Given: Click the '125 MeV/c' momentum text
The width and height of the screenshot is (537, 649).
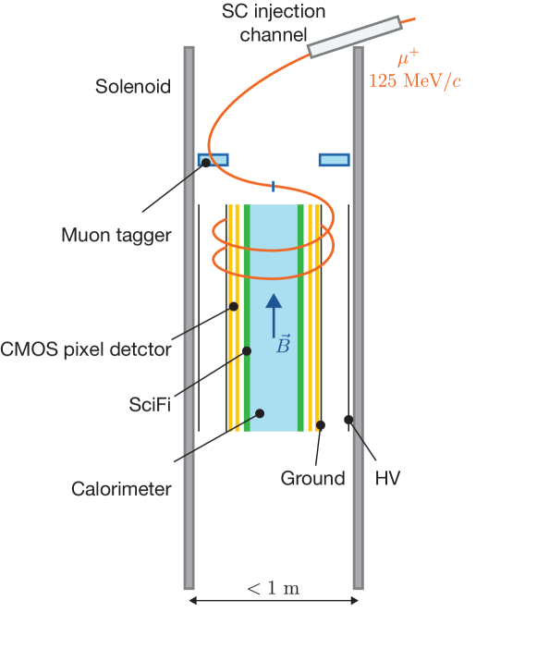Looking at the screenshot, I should coord(416,80).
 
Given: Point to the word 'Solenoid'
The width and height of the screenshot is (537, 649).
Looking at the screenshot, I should coord(133,88).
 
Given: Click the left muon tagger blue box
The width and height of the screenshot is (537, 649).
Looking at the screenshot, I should coord(213,160).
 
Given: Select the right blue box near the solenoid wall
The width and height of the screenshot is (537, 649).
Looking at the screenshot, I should coord(335,160).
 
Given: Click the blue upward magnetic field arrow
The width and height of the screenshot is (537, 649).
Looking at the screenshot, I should coord(273,313).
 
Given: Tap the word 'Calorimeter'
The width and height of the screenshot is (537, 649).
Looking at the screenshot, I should coord(121,489).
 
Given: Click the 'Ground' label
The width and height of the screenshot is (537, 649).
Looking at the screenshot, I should coord(312,478).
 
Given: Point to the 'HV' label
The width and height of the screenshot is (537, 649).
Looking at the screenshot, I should coord(388,478).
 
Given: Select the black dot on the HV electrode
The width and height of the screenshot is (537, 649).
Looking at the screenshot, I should coord(348,420).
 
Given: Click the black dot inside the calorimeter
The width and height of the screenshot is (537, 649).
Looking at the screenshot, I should coord(261,413).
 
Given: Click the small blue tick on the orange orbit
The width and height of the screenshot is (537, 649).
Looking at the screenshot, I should coord(273,184).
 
